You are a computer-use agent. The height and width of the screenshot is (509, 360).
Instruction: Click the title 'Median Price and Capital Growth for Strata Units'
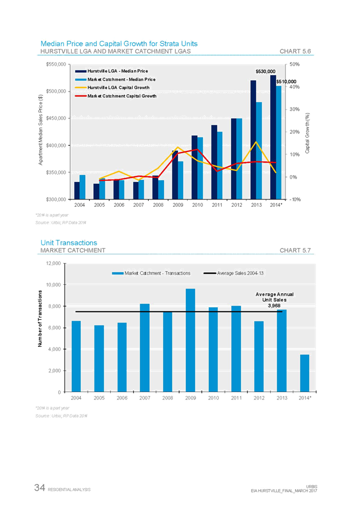point(119,43)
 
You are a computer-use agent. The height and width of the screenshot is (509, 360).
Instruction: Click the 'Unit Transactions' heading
point(68,242)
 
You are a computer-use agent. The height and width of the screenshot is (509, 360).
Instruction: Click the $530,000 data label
point(265,72)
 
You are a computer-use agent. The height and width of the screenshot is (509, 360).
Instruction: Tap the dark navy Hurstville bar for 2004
point(77,190)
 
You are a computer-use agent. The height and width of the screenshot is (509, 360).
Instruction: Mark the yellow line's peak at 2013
point(257,142)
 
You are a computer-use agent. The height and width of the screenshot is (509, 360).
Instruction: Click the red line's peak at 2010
point(197,150)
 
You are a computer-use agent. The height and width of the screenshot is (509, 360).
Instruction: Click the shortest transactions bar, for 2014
point(305,373)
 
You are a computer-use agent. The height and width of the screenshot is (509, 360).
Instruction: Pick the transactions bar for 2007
point(145,347)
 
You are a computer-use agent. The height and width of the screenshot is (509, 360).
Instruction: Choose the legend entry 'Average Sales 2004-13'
point(241,273)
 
